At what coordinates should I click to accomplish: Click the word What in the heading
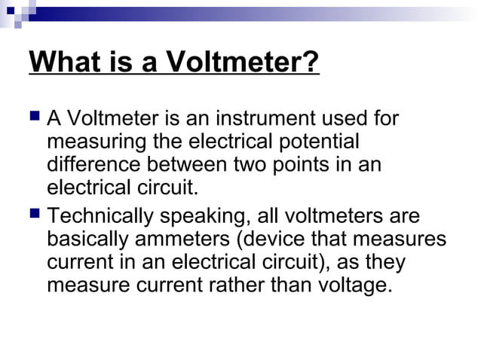pyautogui.click(x=62, y=62)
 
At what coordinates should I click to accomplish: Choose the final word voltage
pyautogui.click(x=354, y=286)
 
